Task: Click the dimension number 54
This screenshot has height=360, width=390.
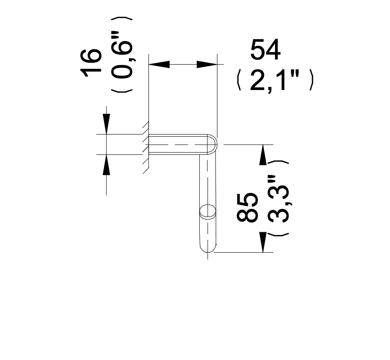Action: pyautogui.click(x=266, y=50)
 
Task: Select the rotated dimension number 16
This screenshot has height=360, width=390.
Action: pyautogui.click(x=91, y=63)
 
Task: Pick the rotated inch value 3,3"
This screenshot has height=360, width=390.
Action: pyautogui.click(x=279, y=199)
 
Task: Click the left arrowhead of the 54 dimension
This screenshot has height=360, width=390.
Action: pyautogui.click(x=159, y=64)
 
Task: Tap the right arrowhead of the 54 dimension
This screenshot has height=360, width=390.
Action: pyautogui.click(x=207, y=64)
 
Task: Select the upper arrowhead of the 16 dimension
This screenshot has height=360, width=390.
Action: pyautogui.click(x=106, y=124)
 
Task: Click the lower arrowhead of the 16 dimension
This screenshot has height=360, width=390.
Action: pyautogui.click(x=106, y=165)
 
